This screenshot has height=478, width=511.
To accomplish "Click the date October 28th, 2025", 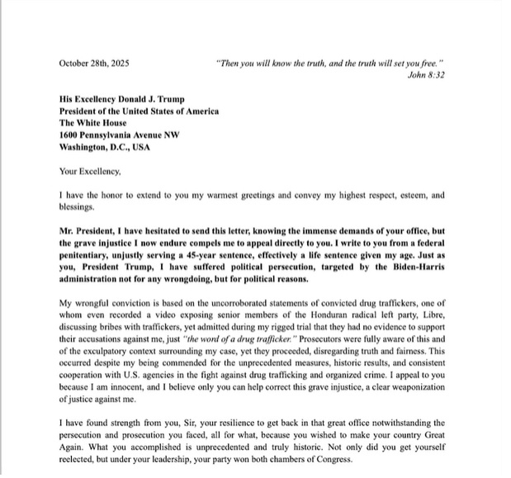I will [93, 63].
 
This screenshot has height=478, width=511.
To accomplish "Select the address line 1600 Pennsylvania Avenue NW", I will [123, 134].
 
